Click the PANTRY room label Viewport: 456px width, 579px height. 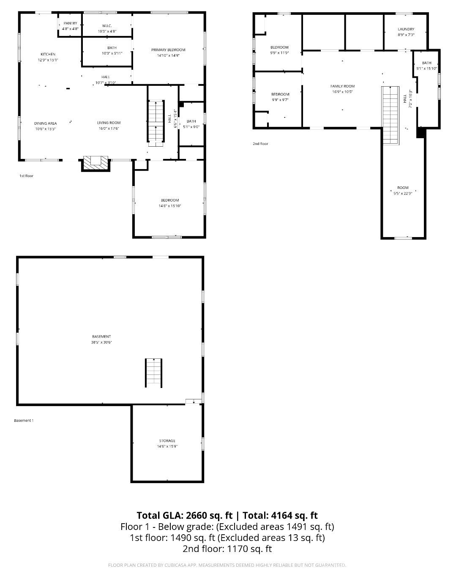(70, 23)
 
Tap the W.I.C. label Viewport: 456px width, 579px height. (107, 26)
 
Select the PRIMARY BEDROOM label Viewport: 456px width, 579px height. (168, 50)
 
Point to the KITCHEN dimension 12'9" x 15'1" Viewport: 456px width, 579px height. (48, 60)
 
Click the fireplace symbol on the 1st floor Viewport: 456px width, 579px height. (96, 163)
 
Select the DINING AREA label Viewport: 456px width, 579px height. (46, 123)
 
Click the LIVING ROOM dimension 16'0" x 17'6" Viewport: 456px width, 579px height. (109, 128)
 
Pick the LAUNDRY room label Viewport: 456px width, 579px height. (406, 29)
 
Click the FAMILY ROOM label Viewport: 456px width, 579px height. (342, 86)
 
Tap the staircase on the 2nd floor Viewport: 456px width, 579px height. (390, 115)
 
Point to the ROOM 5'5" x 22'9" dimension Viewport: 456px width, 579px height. (403, 193)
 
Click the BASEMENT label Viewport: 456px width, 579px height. (101, 336)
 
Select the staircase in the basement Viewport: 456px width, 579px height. (153, 373)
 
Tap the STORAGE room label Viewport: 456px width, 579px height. (167, 441)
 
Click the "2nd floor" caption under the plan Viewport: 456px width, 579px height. (260, 144)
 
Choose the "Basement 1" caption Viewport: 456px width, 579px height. (24, 421)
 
